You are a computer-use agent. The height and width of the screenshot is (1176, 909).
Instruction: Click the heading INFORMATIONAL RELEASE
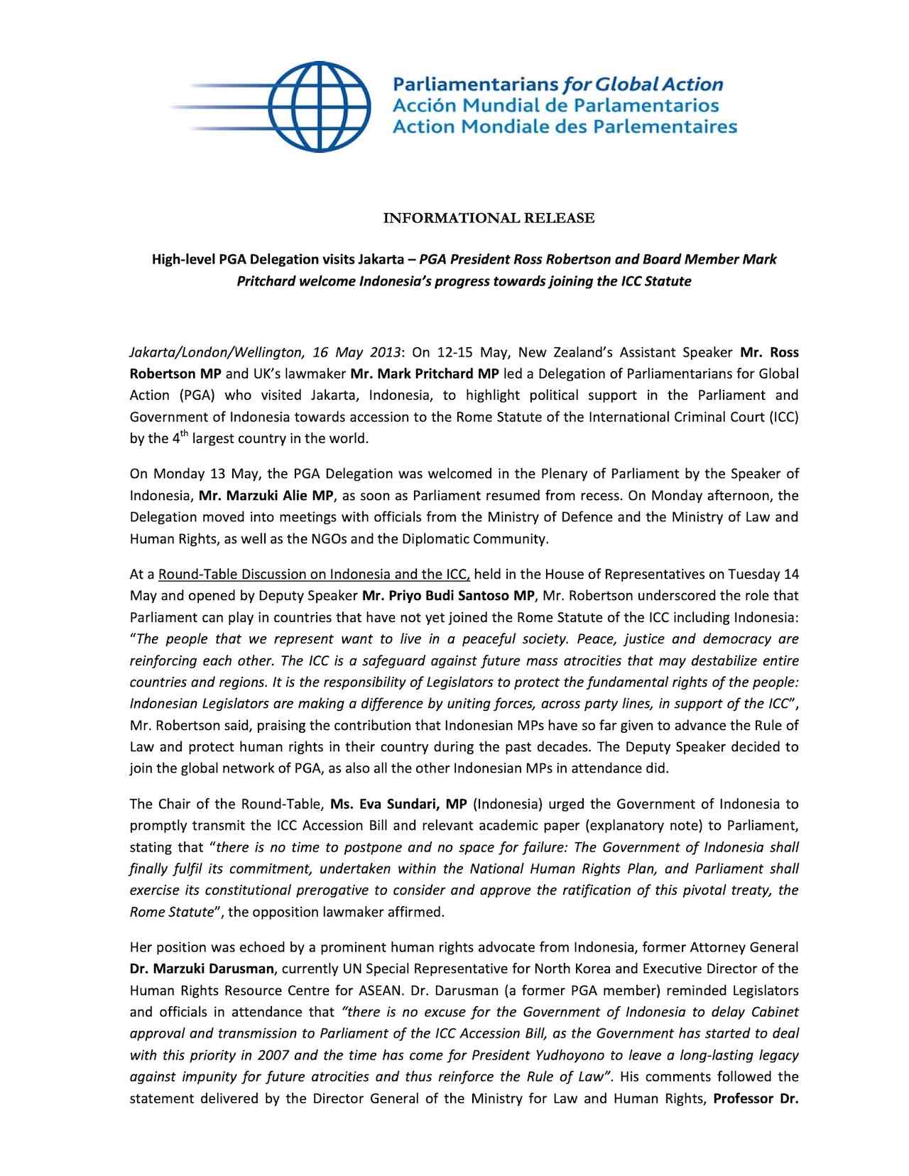[489, 218]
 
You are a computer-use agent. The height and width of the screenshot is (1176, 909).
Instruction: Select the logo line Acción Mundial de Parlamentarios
[556, 106]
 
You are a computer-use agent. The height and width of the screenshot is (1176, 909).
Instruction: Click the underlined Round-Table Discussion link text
[315, 574]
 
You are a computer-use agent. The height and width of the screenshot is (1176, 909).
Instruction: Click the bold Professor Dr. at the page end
[756, 1099]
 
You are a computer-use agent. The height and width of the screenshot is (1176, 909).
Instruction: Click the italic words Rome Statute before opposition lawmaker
[171, 912]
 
